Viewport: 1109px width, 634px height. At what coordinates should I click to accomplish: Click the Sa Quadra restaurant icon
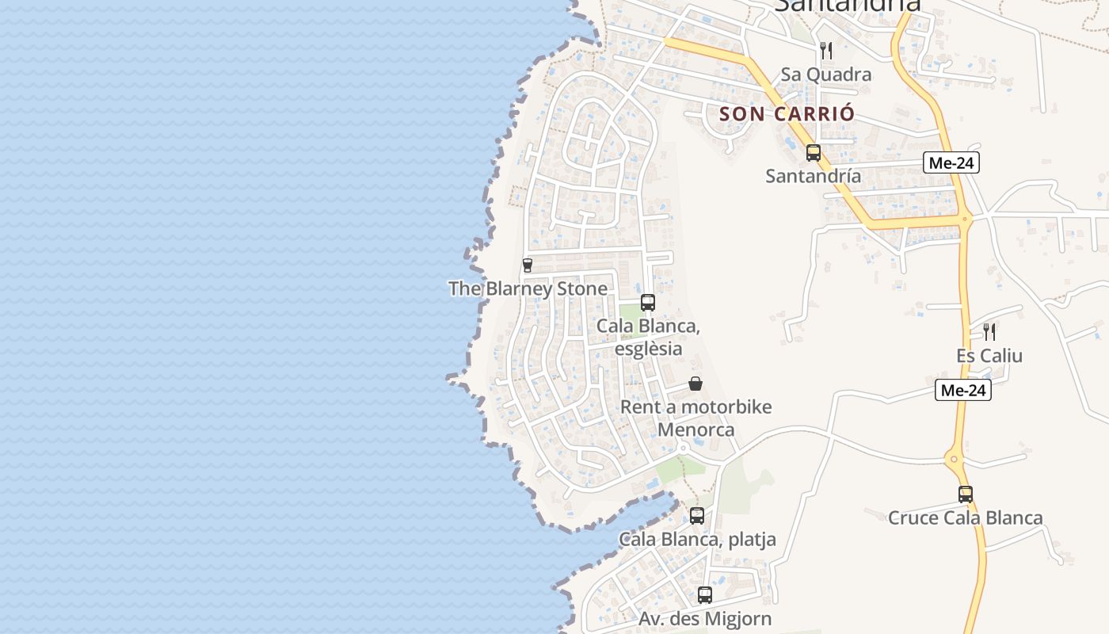826,51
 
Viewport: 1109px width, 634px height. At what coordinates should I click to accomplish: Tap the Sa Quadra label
826,74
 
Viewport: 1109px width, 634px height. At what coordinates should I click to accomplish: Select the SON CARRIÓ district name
787,113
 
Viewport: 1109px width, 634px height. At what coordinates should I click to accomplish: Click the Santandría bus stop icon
814,153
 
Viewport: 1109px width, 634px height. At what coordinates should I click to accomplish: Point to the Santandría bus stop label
813,176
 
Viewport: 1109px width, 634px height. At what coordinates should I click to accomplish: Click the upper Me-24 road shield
951,163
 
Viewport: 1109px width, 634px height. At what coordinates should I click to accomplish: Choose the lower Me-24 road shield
962,390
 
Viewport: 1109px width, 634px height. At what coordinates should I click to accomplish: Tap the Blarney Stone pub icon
528,265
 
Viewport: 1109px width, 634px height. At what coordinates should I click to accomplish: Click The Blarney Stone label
528,288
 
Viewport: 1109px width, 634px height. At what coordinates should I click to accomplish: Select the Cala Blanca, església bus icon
648,302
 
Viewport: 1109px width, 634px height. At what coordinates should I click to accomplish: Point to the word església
648,349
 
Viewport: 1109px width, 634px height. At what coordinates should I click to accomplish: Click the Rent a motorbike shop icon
696,384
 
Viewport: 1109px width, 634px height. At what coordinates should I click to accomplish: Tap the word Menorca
696,430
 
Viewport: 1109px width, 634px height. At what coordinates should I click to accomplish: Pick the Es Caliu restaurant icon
989,331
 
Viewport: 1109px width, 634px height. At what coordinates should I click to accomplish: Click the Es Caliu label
989,356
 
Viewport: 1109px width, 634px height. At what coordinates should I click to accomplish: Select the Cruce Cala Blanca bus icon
966,495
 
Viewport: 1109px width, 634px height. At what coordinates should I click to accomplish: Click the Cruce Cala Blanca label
965,518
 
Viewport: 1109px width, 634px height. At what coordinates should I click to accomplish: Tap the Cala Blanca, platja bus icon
697,515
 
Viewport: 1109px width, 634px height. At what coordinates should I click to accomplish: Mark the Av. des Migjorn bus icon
705,594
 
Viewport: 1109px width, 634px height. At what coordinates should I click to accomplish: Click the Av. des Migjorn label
705,618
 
